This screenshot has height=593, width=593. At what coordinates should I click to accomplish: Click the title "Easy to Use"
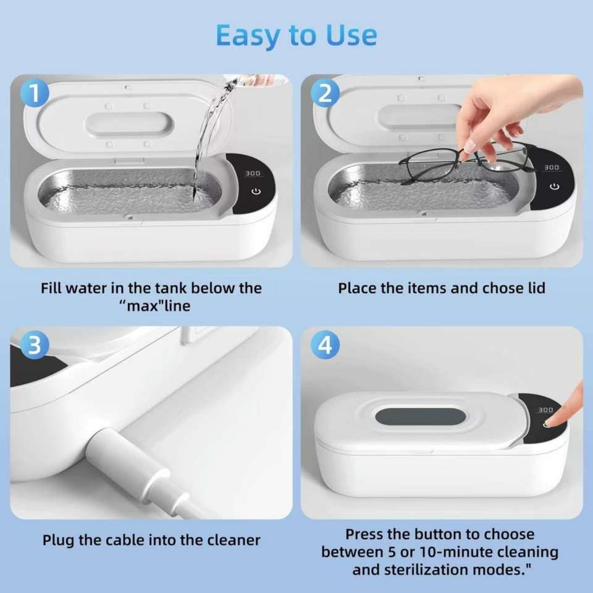(x=296, y=36)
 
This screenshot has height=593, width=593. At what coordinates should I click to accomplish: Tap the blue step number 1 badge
(x=35, y=93)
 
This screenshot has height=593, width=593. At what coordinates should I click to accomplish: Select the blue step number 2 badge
(x=325, y=93)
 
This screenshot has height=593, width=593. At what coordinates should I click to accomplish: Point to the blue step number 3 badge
(x=35, y=345)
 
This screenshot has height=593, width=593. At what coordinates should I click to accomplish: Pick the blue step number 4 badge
(x=325, y=345)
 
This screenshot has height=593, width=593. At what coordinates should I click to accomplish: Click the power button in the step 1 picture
(x=256, y=191)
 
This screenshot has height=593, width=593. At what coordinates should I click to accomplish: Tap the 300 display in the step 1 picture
(x=253, y=173)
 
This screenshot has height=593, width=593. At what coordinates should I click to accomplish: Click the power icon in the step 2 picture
(x=555, y=187)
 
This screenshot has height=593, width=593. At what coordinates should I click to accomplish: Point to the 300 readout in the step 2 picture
(x=552, y=167)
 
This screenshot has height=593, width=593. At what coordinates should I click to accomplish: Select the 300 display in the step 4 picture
(x=545, y=410)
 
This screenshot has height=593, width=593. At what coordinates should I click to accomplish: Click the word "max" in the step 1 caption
(x=142, y=306)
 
